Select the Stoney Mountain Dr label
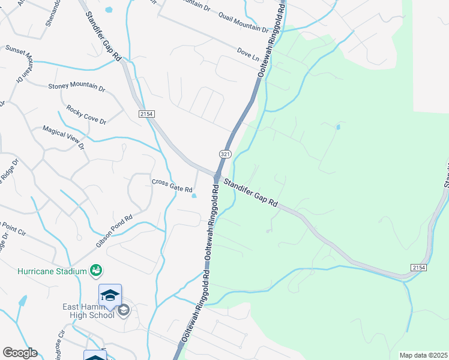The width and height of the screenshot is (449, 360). click(x=76, y=86)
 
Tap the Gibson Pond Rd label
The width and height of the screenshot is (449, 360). click(x=113, y=232)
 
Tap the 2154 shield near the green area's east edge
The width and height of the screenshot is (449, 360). click(x=419, y=267)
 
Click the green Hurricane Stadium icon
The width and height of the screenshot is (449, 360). click(x=95, y=271)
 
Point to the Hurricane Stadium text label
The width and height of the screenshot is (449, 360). click(x=52, y=271)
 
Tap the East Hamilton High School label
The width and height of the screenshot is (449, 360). click(x=89, y=311)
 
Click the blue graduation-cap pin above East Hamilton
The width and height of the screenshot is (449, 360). click(x=110, y=295)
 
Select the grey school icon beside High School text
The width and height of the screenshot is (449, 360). click(x=124, y=310)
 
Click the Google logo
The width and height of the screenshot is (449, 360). click(x=20, y=353)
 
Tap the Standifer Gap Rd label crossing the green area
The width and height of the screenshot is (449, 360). click(x=252, y=193)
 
